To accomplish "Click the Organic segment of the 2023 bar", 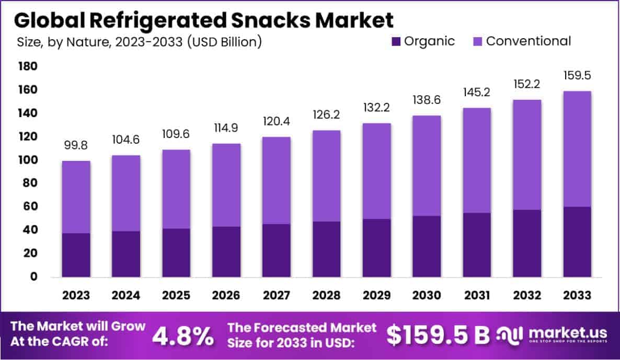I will pos(76,255).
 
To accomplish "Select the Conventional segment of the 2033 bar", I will pos(577,149).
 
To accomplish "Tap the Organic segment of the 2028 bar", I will pos(327,249).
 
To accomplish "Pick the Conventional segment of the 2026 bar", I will pos(226,185).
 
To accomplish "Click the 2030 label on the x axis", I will pos(427,295).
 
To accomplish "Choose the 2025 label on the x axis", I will pos(176,295).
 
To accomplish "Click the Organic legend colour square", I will pos(395,41).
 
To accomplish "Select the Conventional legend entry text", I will pos(528,41).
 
